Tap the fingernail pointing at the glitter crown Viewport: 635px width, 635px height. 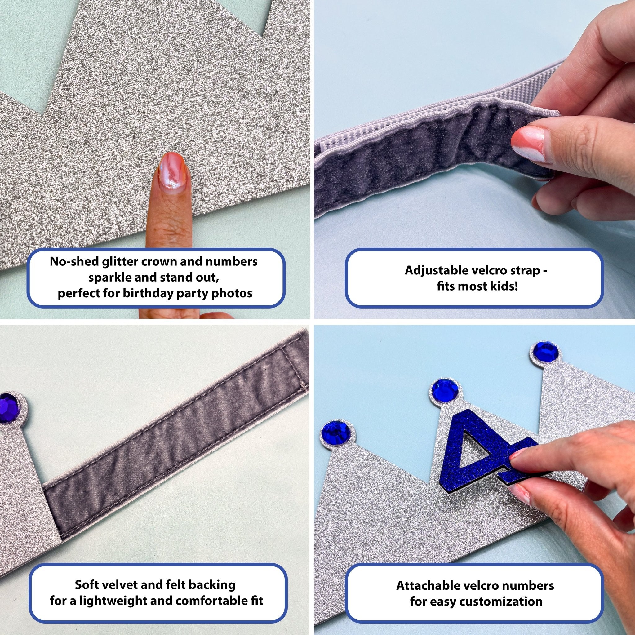(x=173, y=171)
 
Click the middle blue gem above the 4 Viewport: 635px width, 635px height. (x=442, y=389)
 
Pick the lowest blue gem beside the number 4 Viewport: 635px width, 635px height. (x=334, y=431)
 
